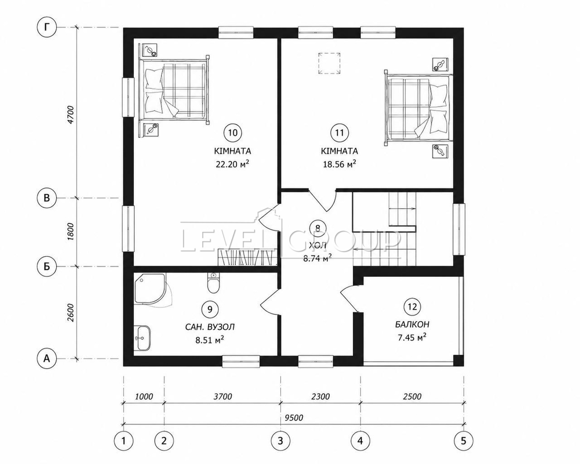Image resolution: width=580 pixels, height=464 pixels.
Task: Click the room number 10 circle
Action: pyautogui.click(x=233, y=133)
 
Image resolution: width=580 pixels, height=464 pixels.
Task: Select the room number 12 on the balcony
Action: pyautogui.click(x=413, y=307)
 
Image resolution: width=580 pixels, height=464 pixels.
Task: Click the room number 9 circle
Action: pyautogui.click(x=210, y=309)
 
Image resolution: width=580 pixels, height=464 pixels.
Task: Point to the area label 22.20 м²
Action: pyautogui.click(x=232, y=164)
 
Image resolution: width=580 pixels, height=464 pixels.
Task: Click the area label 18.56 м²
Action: pyautogui.click(x=339, y=164)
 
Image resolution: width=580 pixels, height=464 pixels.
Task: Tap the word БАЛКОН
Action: pyautogui.click(x=412, y=324)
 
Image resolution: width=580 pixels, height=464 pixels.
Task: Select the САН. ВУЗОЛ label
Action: pyautogui.click(x=210, y=327)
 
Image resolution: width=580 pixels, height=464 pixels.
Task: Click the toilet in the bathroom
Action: pyautogui.click(x=214, y=283)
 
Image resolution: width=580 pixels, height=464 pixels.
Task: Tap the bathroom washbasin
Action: pyautogui.click(x=142, y=338)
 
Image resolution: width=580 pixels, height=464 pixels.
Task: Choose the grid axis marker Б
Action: pyautogui.click(x=47, y=267)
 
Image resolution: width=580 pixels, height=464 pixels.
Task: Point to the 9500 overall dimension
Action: pyautogui.click(x=294, y=418)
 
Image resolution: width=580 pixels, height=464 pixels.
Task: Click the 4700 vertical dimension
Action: pyautogui.click(x=70, y=115)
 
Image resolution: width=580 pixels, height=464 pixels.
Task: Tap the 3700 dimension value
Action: pyautogui.click(x=223, y=396)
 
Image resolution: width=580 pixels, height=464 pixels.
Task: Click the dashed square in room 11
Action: pyautogui.click(x=329, y=63)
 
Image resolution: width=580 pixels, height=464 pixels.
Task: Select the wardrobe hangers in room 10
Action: pyautogui.click(x=248, y=257)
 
